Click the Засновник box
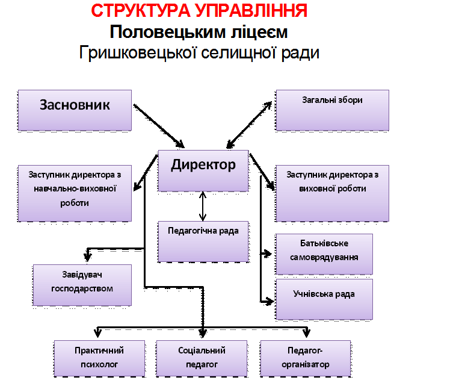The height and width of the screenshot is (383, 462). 75,110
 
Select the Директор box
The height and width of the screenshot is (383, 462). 203,170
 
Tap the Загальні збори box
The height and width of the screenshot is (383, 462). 332,110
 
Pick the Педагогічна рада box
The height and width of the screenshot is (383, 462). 203,241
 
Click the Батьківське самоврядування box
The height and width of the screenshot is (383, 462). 324,254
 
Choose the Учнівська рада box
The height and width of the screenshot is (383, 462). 324,299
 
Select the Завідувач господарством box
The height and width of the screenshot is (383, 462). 82,285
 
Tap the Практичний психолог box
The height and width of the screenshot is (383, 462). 100,358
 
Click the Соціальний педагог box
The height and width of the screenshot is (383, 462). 202,358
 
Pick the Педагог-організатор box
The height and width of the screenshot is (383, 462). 306,358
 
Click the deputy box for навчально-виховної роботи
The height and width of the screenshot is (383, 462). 75,193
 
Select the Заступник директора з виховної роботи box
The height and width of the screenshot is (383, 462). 332,193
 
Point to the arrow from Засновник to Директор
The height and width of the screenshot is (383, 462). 159,126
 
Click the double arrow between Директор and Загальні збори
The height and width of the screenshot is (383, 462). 249,125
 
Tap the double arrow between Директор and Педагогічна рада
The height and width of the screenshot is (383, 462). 202,206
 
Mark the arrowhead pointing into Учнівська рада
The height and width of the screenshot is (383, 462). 269,302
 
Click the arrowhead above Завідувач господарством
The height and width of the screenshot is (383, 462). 87,256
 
